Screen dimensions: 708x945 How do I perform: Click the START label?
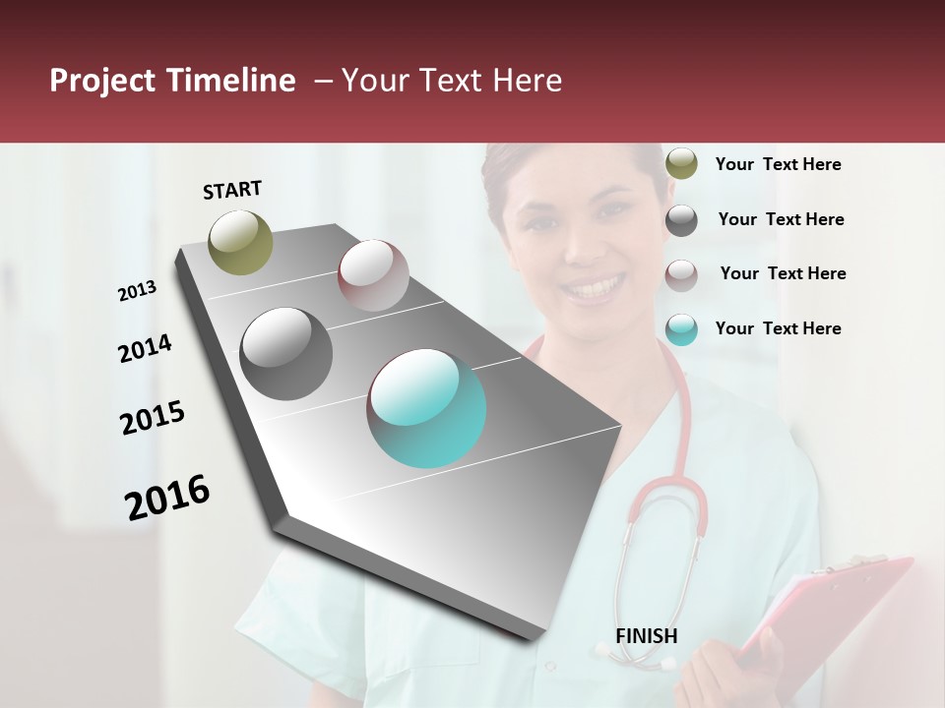click(x=232, y=190)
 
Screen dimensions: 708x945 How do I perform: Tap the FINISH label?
click(x=647, y=636)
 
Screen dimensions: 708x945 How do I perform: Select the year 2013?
click(x=137, y=290)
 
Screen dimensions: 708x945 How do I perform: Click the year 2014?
click(x=145, y=348)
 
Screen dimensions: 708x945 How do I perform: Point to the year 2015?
click(x=153, y=418)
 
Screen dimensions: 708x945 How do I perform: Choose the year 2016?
click(x=167, y=497)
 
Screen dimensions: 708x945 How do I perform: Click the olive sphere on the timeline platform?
click(x=240, y=242)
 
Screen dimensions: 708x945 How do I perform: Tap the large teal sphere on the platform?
click(x=426, y=408)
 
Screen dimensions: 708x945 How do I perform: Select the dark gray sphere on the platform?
click(x=286, y=353)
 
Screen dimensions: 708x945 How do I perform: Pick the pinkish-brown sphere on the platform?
click(x=373, y=275)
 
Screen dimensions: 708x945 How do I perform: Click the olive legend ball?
click(x=681, y=164)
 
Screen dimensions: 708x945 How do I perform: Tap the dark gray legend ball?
click(x=681, y=220)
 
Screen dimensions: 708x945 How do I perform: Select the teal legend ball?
click(x=681, y=329)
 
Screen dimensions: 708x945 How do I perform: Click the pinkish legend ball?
click(x=681, y=275)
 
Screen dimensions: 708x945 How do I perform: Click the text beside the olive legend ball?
click(x=778, y=164)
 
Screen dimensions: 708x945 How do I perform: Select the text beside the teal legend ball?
click(x=778, y=328)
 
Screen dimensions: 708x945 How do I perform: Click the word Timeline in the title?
click(x=227, y=81)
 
